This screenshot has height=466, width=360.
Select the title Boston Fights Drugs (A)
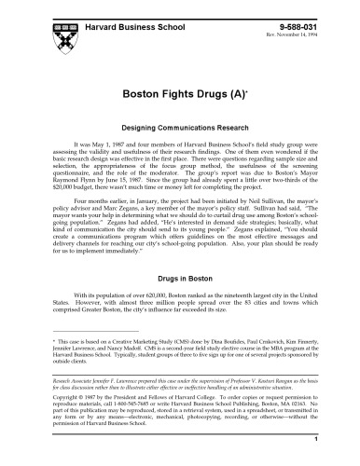click(x=179, y=94)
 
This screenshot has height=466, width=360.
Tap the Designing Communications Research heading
click(x=180, y=125)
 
